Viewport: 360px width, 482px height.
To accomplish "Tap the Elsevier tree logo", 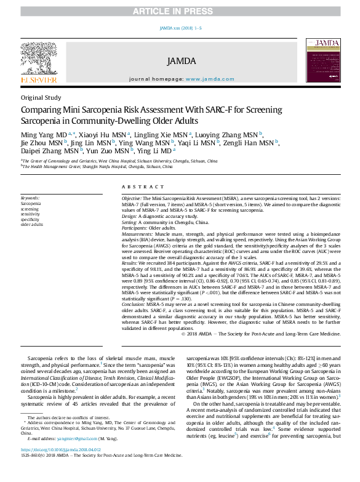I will (39, 58).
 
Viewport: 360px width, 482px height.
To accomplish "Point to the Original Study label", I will (41, 97).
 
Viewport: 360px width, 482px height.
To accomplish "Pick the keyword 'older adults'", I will (32, 225).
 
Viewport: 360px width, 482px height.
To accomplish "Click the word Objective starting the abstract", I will (131, 199).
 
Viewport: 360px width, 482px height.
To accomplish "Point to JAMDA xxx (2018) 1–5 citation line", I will (180, 28).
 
